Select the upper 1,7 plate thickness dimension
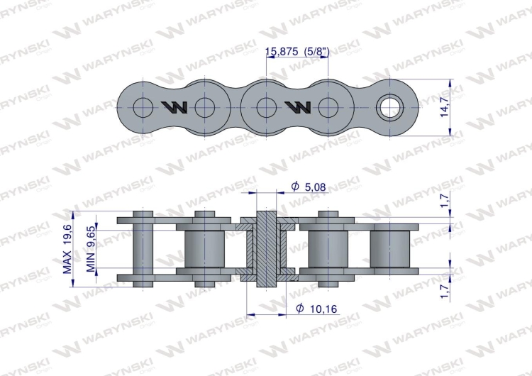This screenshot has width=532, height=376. (445, 204)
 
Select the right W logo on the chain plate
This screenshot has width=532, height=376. (297, 108)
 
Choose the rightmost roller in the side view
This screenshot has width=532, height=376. (389, 248)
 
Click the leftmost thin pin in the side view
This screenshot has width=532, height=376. (143, 248)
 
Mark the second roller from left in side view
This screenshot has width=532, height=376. (204, 248)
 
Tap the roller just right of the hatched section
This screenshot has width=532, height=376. (327, 248)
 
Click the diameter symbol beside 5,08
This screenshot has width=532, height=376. (295, 186)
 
